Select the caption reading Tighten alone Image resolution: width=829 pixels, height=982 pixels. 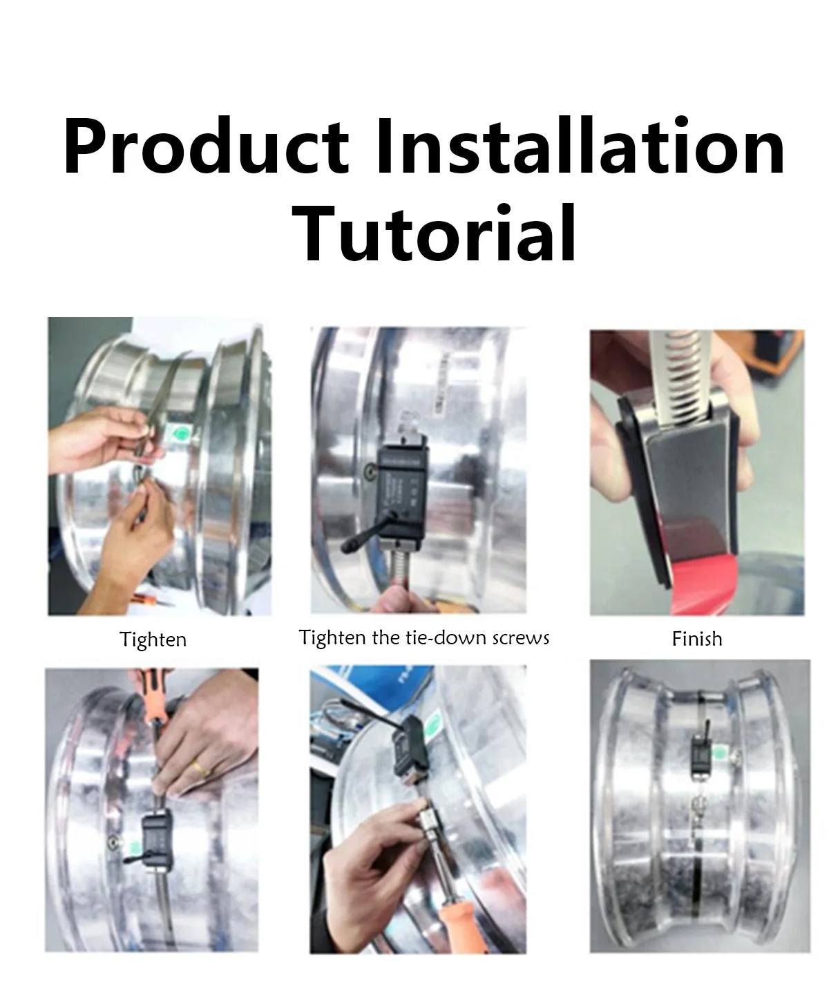pos(153,639)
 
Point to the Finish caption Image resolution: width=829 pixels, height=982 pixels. pos(696,639)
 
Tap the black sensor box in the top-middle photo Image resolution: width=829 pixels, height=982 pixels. pos(403,490)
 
